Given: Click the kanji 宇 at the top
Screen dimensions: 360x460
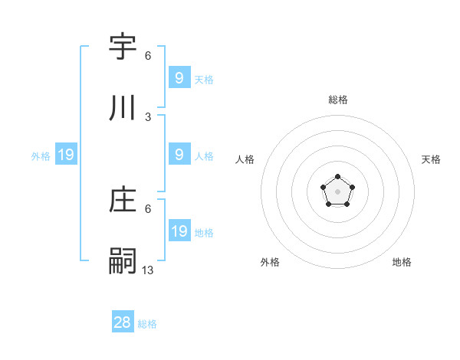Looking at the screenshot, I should (x=123, y=47).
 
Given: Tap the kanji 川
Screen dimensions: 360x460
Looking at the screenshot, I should (x=123, y=110).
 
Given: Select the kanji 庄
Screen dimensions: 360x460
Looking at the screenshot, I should (x=123, y=201).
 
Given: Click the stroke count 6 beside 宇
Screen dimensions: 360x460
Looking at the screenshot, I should (x=148, y=56).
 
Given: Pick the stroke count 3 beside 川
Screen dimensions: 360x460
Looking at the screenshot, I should (x=148, y=117).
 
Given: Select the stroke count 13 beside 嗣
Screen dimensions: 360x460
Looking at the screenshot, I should (x=148, y=270).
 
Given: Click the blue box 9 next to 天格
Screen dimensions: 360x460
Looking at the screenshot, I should (x=179, y=78).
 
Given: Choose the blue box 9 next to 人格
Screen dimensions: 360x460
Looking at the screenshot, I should (x=179, y=155).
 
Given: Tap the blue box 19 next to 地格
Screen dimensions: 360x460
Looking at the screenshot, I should (x=179, y=231).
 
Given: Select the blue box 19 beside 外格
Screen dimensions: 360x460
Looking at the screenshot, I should (x=65, y=155).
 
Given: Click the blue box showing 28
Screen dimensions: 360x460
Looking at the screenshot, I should (x=123, y=322).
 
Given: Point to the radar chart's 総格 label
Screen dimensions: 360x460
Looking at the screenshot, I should (x=338, y=100).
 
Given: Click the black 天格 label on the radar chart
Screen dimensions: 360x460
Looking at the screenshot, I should (x=431, y=159).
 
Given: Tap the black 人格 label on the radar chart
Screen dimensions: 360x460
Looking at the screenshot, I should (x=245, y=159).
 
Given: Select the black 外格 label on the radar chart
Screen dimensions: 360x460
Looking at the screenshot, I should (x=270, y=263).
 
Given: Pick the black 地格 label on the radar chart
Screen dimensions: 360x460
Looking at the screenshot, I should (x=402, y=263).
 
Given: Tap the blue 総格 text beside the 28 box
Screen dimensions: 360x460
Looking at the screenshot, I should (x=147, y=324).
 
